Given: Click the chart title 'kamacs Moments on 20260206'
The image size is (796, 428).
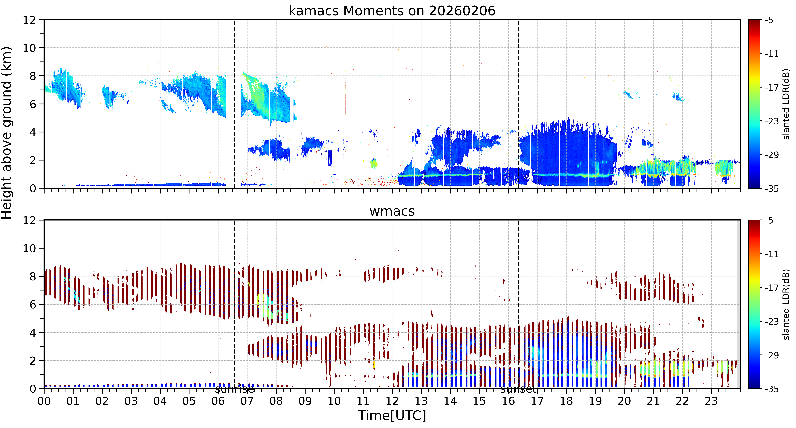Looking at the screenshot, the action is pyautogui.click(x=392, y=11).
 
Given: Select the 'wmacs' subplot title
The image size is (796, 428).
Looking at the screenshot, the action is pyautogui.click(x=392, y=211).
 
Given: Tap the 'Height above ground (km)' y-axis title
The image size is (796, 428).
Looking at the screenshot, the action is pyautogui.click(x=6, y=133).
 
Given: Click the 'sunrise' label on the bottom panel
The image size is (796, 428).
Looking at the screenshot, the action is pyautogui.click(x=235, y=389).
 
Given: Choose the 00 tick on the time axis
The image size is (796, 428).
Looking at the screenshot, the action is pyautogui.click(x=44, y=401).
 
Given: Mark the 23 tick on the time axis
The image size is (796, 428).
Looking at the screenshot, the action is pyautogui.click(x=711, y=401).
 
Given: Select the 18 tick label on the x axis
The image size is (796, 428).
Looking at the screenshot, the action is pyautogui.click(x=566, y=401).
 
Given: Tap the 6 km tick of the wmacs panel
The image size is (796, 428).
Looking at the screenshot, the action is pyautogui.click(x=33, y=305).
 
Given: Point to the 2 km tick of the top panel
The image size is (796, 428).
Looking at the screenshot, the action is pyautogui.click(x=33, y=160).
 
